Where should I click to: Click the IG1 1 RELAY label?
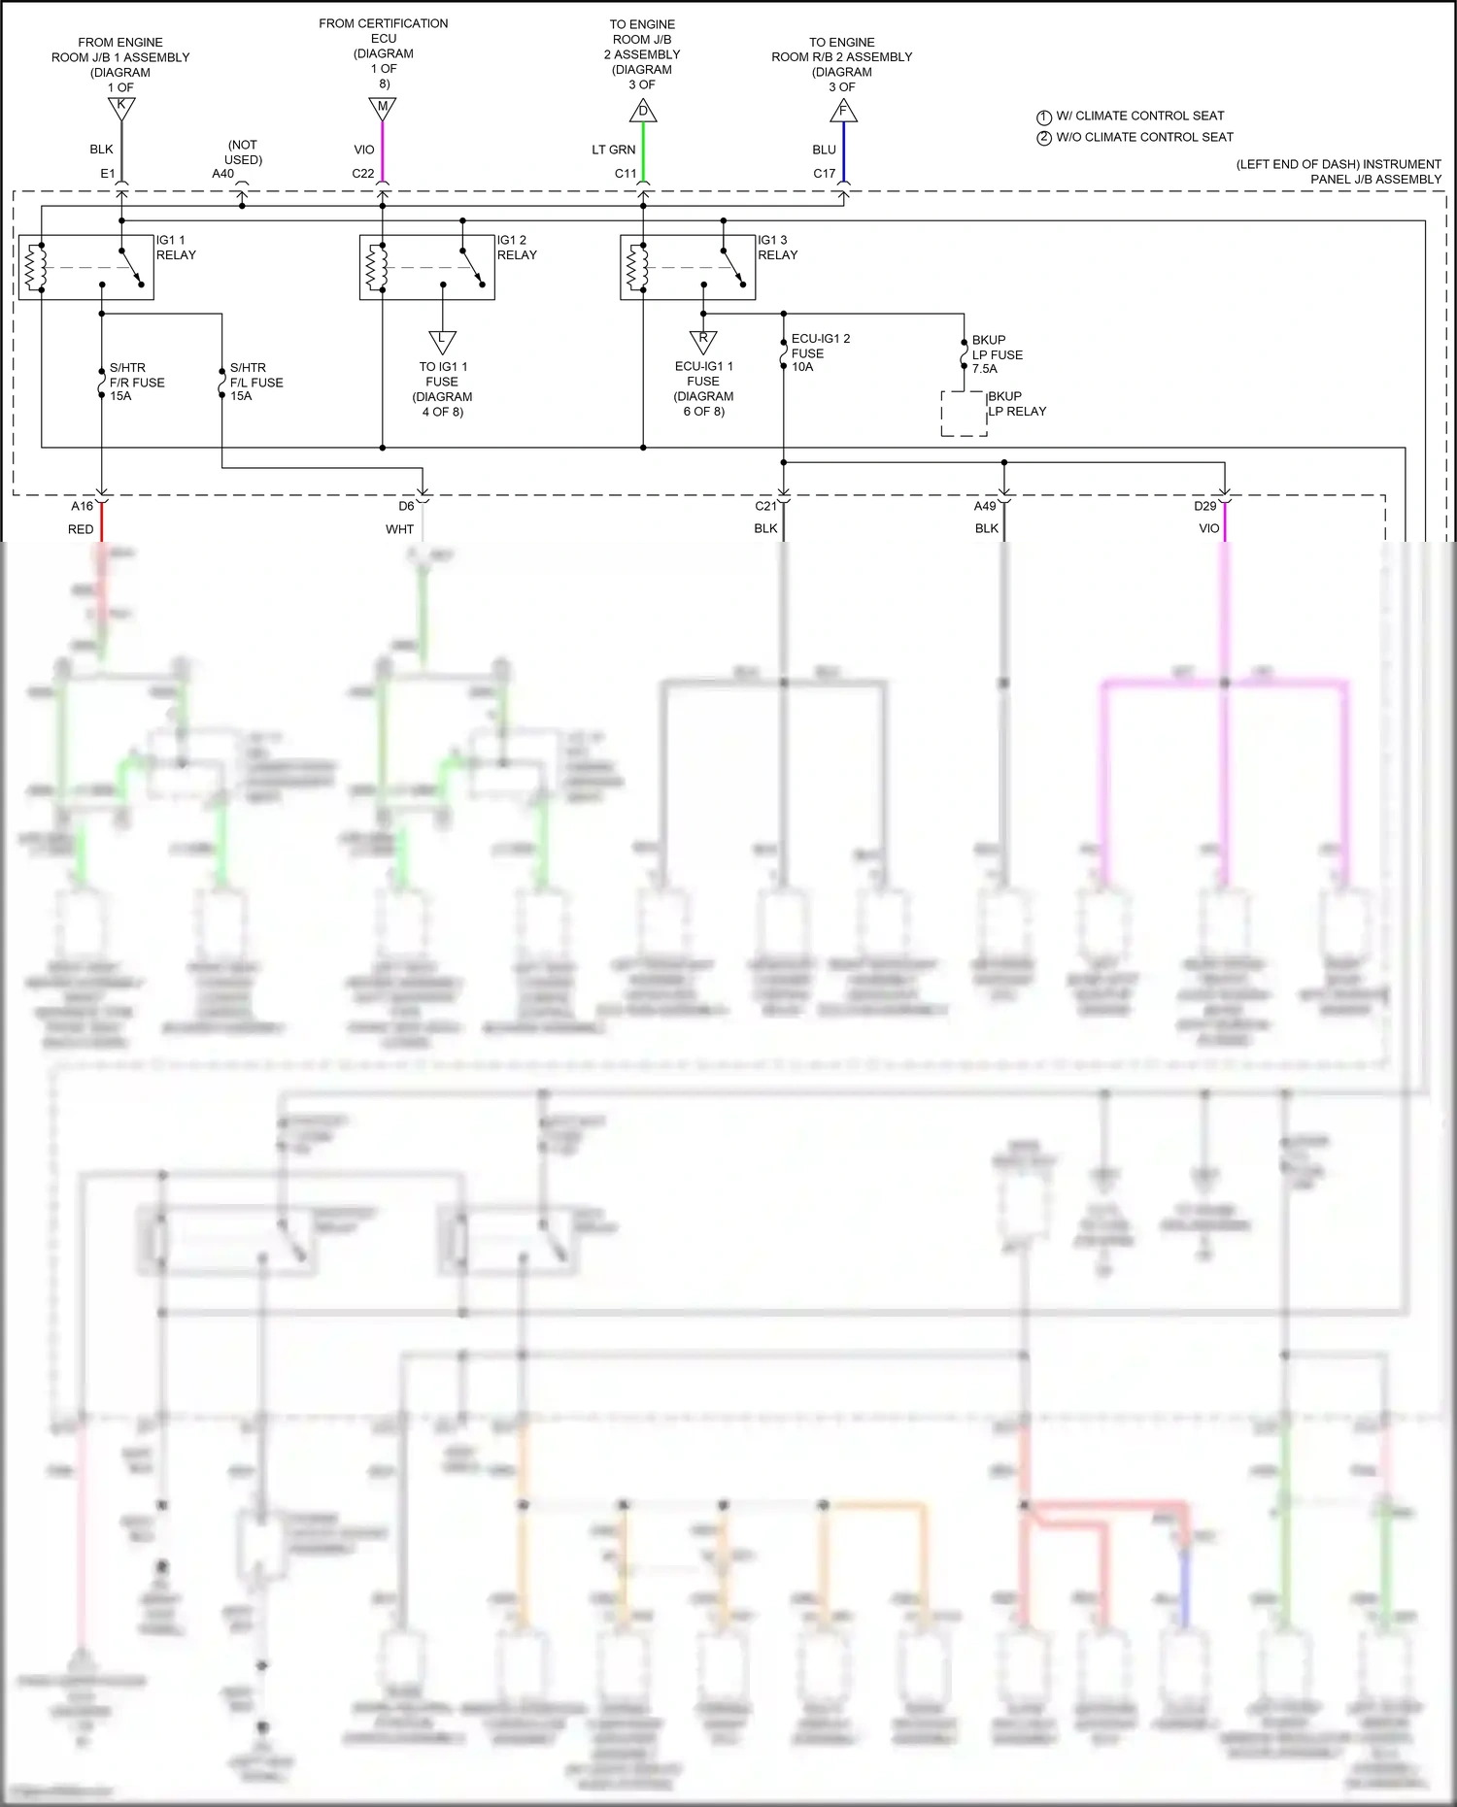(176, 248)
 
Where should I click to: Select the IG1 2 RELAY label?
(517, 248)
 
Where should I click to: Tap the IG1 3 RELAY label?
(777, 248)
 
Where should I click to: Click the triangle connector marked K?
(121, 107)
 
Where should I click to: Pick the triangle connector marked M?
(383, 108)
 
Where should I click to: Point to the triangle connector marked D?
(643, 112)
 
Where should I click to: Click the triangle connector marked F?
(843, 112)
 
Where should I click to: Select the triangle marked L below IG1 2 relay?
(442, 341)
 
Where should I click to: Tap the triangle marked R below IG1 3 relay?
(703, 341)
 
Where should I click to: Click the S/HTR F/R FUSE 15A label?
(136, 382)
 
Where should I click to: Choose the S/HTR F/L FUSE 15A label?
(256, 382)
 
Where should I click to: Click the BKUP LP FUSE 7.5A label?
(997, 354)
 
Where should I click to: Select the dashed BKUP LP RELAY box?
(964, 414)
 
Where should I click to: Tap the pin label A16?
(82, 506)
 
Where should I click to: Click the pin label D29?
(1204, 506)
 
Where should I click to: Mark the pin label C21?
(765, 506)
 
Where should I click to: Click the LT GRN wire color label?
(613, 150)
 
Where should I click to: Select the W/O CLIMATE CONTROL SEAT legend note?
(1143, 138)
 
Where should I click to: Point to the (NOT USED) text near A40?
(243, 152)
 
